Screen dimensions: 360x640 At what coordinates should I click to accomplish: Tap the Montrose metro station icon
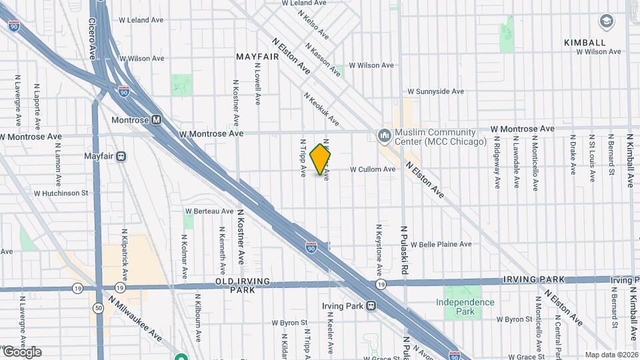click(x=156, y=120)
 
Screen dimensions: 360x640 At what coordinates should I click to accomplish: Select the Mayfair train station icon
click(x=121, y=157)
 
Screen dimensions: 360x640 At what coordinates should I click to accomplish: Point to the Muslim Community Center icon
click(x=384, y=136)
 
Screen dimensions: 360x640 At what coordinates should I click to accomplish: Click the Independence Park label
click(x=465, y=307)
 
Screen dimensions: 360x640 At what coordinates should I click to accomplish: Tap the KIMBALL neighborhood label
click(x=585, y=42)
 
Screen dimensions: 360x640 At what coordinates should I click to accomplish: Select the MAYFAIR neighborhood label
click(x=257, y=57)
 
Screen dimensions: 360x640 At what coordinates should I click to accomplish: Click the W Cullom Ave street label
click(x=373, y=169)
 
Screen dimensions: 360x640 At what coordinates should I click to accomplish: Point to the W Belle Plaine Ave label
click(x=441, y=245)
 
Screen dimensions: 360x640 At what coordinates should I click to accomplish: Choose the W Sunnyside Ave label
click(x=435, y=91)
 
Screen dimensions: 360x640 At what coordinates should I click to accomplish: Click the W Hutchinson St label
click(x=61, y=193)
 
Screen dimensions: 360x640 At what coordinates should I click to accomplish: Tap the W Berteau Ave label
click(x=209, y=211)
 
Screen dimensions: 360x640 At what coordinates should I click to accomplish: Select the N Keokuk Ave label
click(x=321, y=109)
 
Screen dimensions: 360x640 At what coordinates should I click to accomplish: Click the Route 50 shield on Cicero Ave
click(x=99, y=308)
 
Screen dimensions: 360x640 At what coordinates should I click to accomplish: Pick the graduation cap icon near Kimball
click(x=607, y=21)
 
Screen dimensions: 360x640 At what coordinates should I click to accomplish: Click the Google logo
click(x=21, y=352)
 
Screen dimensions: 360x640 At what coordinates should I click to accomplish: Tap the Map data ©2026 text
click(x=611, y=355)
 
